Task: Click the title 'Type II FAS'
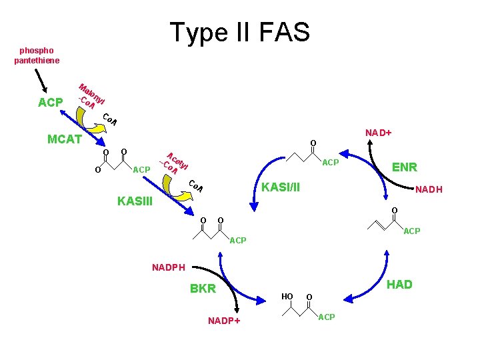click(239, 32)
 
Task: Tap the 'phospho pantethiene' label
click(37, 55)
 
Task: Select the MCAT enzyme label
click(65, 139)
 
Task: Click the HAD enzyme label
click(399, 285)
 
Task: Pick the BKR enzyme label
click(203, 289)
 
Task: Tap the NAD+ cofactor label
click(378, 133)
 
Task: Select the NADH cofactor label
click(429, 190)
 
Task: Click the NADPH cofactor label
click(169, 267)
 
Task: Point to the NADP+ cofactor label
click(224, 321)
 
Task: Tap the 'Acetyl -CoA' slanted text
click(174, 163)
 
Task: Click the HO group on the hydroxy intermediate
click(287, 295)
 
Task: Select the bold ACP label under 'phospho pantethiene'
click(51, 103)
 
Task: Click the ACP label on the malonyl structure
click(141, 170)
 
